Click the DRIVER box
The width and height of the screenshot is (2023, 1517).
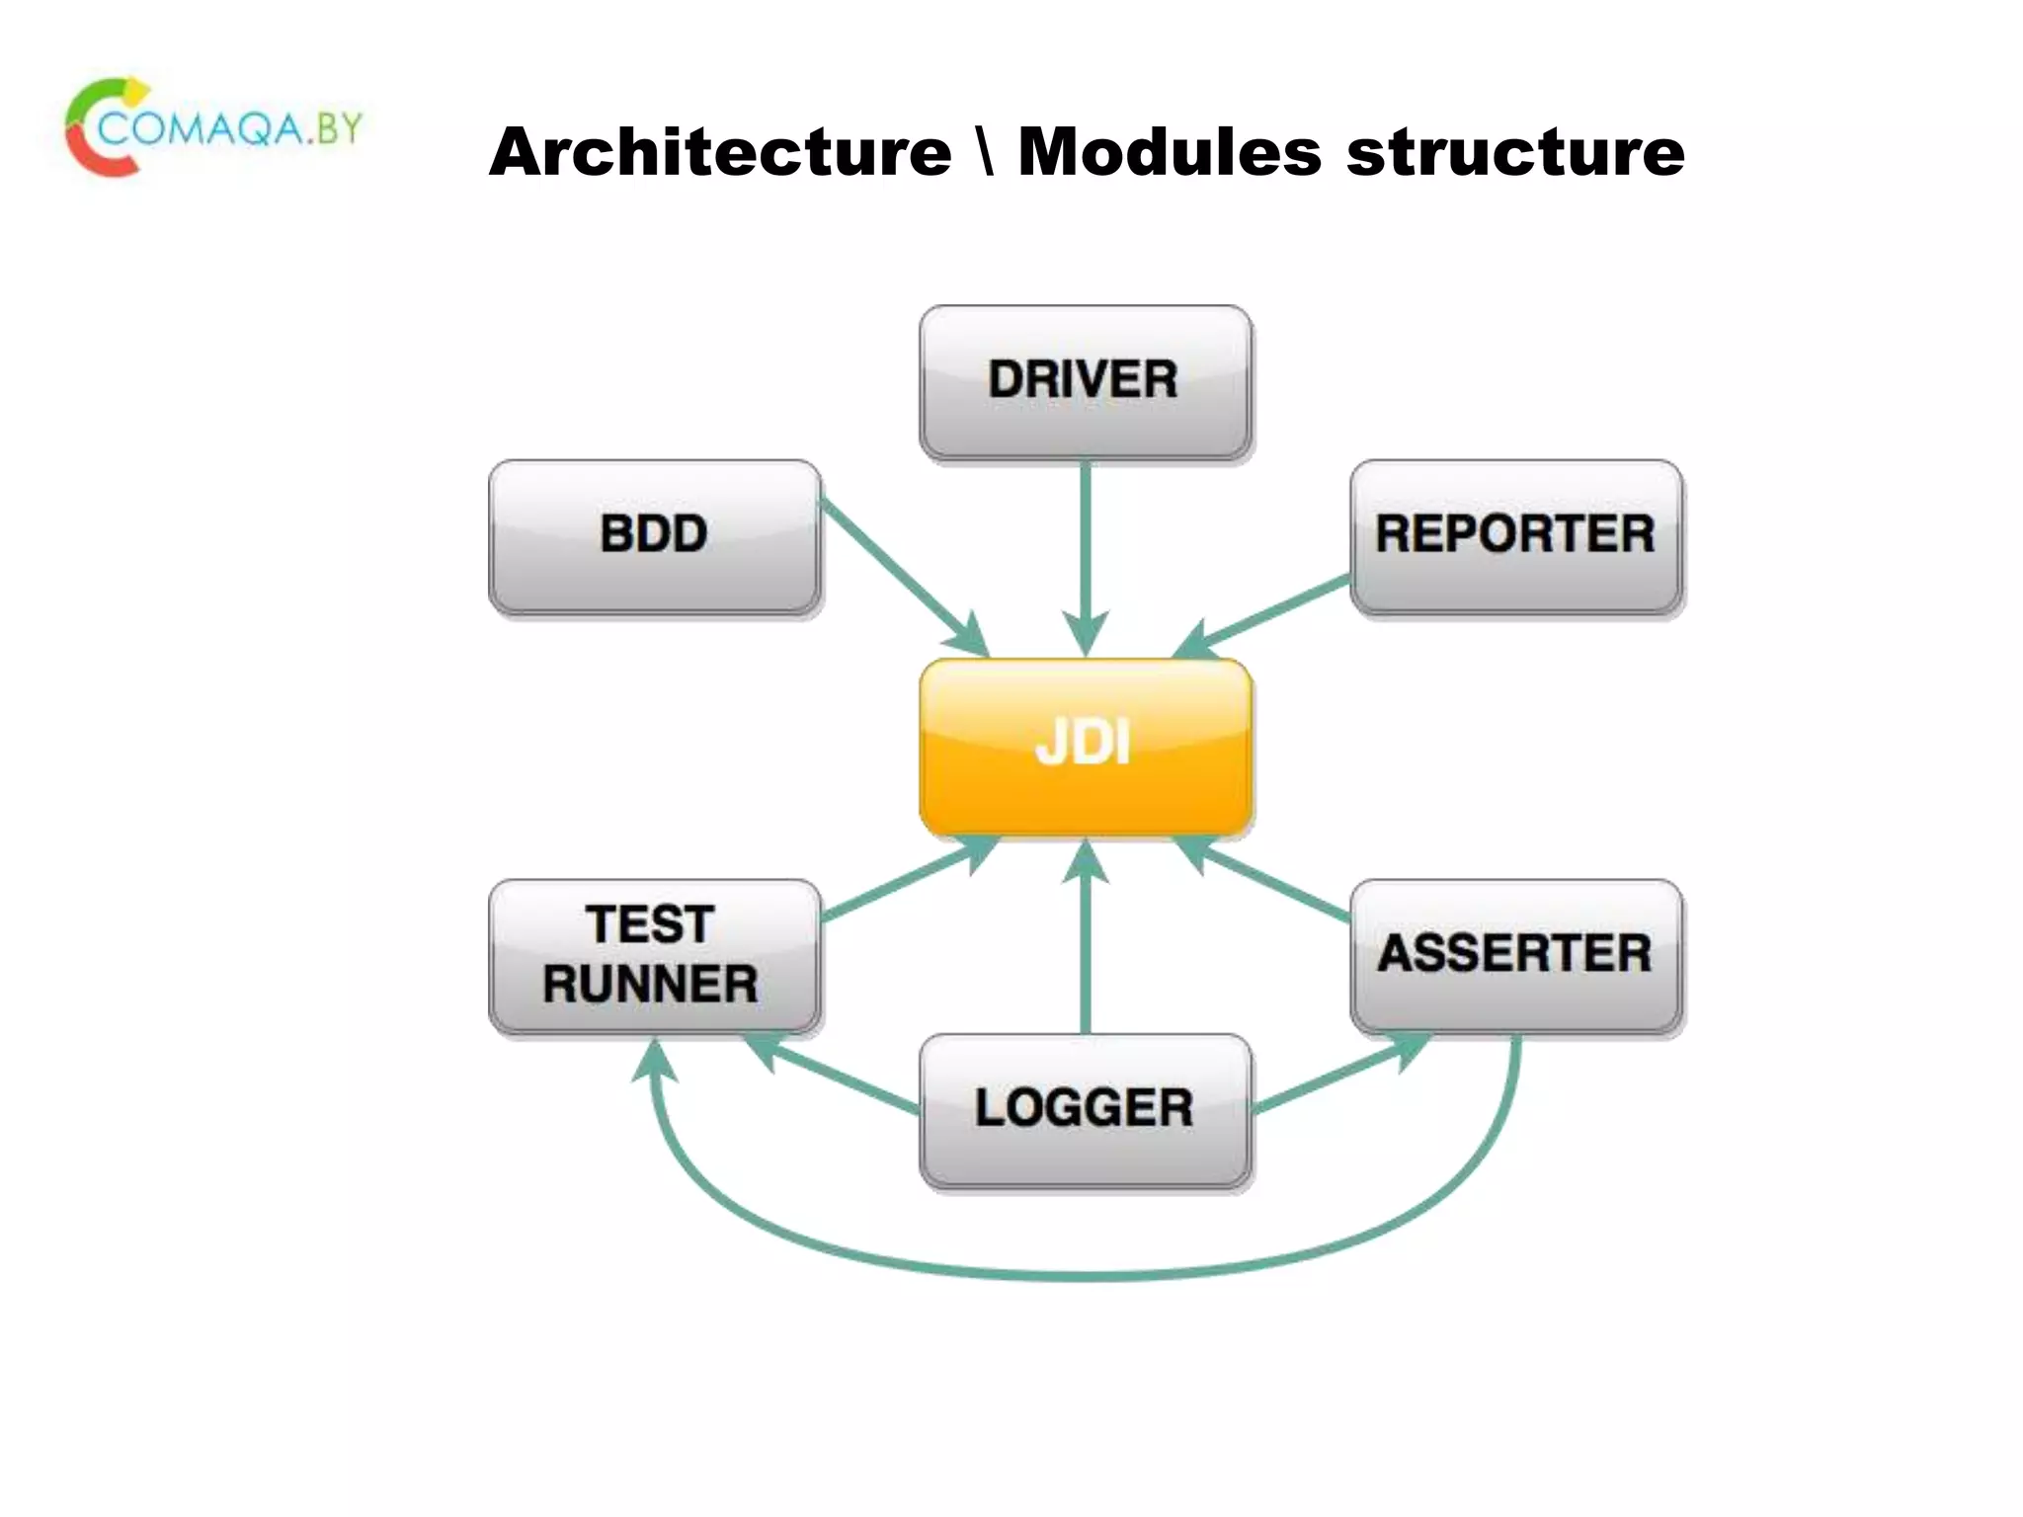pyautogui.click(x=1085, y=381)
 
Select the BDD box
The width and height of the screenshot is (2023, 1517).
pyautogui.click(x=654, y=535)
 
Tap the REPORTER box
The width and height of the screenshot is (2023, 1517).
pyautogui.click(x=1515, y=535)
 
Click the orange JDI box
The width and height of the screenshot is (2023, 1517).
pyautogui.click(x=1085, y=746)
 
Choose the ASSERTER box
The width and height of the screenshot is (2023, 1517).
pyautogui.click(x=1515, y=955)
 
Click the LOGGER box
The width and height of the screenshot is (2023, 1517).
pyautogui.click(x=1085, y=1109)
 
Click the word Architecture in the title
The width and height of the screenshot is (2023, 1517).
pyautogui.click(x=720, y=153)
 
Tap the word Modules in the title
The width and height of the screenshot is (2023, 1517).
pyautogui.click(x=1169, y=153)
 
